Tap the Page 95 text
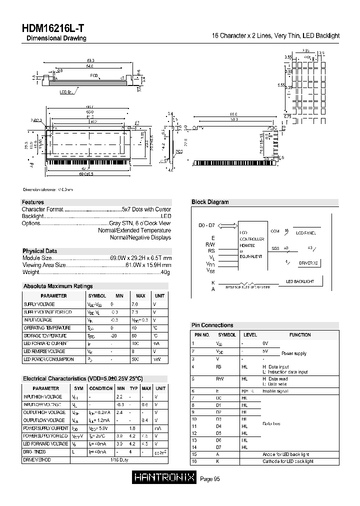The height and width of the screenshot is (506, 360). pos(210,479)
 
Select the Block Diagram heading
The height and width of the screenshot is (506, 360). pos(210,202)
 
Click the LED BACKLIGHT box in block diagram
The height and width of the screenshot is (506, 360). pos(299,281)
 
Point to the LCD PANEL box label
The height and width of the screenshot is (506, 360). pos(305,233)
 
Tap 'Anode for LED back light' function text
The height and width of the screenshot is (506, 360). pos(287,454)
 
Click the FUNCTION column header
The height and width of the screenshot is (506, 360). pos(299,334)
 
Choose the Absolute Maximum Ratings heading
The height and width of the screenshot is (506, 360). pos(58,286)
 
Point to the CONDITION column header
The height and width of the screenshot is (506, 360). pos(101,388)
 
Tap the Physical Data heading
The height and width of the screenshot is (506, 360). pos(39,251)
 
